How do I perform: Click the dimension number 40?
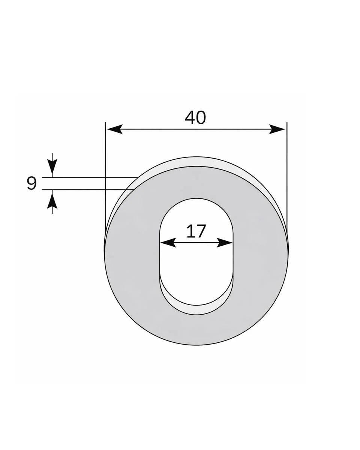[195, 118]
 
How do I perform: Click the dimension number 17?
[196, 231]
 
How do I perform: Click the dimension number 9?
[31, 183]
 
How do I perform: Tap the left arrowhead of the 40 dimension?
[115, 129]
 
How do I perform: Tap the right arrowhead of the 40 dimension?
[277, 129]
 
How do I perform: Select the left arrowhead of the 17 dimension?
[168, 243]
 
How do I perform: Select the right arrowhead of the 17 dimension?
[225, 243]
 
